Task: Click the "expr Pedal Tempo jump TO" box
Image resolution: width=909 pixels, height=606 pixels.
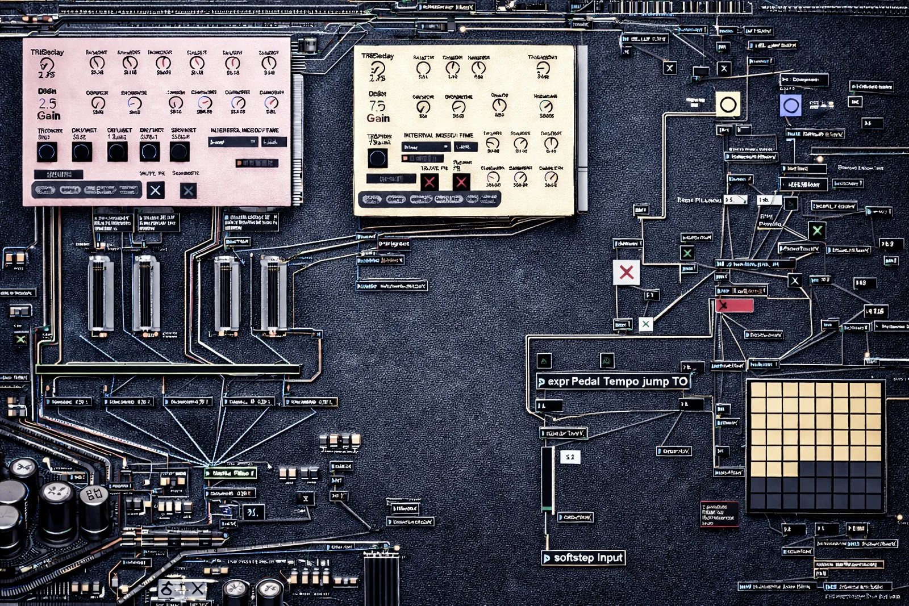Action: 614,382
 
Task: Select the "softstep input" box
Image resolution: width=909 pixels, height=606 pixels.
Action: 583,558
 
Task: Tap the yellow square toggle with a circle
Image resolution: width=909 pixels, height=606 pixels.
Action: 728,105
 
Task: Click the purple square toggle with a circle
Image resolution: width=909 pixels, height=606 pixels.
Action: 790,106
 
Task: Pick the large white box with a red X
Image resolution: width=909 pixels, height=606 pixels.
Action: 626,273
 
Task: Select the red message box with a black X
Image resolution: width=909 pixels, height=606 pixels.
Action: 735,306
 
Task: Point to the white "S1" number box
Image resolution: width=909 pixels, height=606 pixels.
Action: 570,457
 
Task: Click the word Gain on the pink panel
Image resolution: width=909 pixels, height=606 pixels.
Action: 49,116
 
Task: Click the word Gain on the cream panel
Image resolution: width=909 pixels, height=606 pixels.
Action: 378,118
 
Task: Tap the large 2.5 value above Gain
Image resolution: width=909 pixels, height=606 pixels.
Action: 48,103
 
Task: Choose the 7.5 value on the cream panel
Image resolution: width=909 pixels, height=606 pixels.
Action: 377,106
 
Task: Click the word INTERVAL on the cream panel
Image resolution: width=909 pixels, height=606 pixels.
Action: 418,135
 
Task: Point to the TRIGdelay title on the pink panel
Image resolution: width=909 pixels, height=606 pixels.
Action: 47,52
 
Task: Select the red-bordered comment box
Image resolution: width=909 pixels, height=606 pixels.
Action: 719,513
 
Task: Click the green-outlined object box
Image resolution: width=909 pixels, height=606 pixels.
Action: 231,473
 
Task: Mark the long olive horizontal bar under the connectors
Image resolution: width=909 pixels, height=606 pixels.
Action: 168,369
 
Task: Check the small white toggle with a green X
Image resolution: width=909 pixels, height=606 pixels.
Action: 645,324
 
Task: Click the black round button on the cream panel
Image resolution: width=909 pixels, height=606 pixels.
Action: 377,158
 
